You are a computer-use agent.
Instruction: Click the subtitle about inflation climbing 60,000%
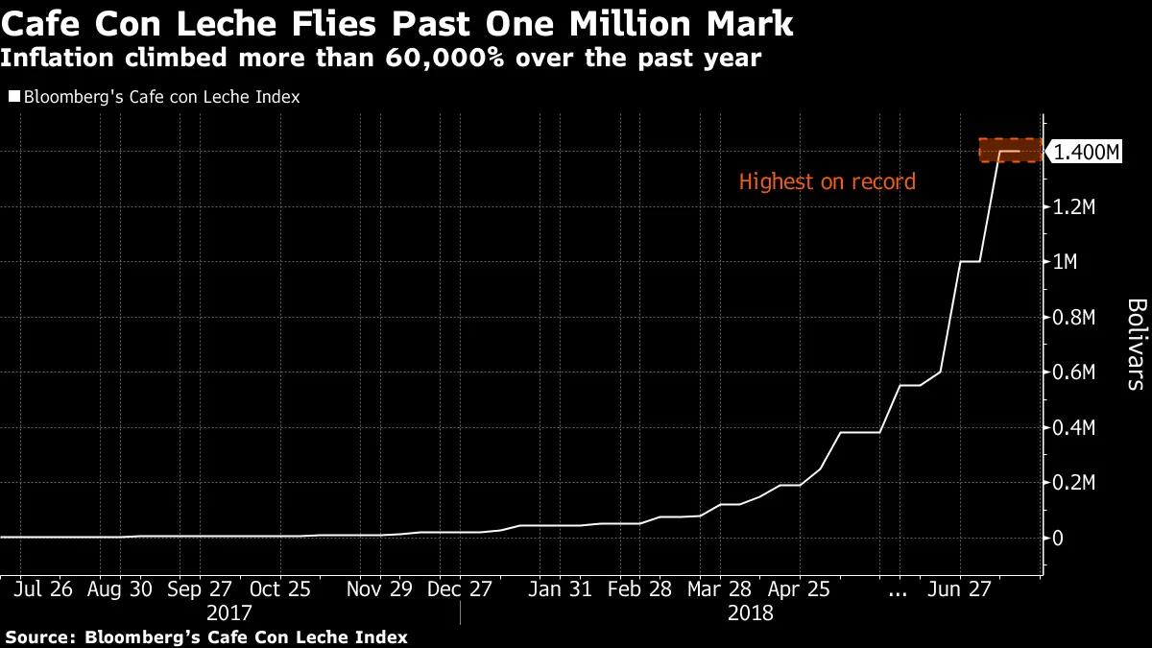click(x=381, y=58)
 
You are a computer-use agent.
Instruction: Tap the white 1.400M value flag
click(x=1086, y=152)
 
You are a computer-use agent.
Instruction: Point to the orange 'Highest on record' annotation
click(x=827, y=181)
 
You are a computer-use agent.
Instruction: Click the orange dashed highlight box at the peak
click(x=1010, y=150)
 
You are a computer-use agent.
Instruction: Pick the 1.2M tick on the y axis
click(x=1074, y=206)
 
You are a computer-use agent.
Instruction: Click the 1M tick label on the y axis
click(x=1067, y=262)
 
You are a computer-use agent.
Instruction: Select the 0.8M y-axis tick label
click(x=1074, y=317)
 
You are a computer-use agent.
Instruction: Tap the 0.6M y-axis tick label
click(x=1074, y=372)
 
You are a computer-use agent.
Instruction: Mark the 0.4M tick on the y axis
click(x=1074, y=427)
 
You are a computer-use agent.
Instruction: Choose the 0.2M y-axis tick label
click(x=1074, y=483)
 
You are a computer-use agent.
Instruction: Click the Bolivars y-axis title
click(x=1135, y=344)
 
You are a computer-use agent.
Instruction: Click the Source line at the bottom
click(x=206, y=636)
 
